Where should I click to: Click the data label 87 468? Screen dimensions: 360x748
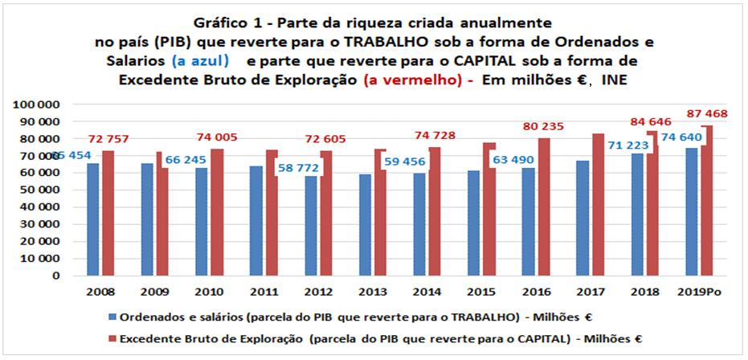point(712,115)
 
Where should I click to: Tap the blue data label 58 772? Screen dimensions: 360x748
point(296,168)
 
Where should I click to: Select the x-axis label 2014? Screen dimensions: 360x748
point(427,291)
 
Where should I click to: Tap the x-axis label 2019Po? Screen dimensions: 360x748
point(699,291)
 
